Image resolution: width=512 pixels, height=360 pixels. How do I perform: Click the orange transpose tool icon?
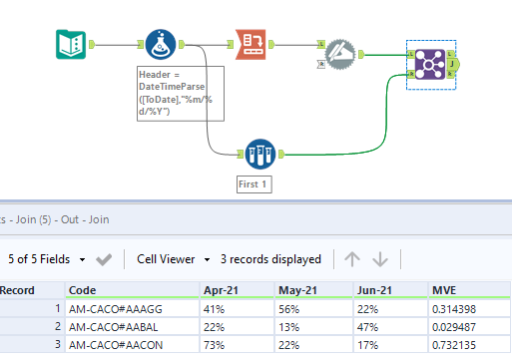click(x=253, y=45)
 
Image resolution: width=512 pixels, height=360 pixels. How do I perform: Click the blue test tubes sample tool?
click(x=258, y=155)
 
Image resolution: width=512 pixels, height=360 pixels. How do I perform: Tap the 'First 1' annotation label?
click(x=254, y=184)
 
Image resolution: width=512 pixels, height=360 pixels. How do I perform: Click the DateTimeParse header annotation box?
click(x=180, y=94)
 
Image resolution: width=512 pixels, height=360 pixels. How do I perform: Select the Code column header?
click(x=83, y=290)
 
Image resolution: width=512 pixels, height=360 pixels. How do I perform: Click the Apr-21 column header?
click(x=220, y=290)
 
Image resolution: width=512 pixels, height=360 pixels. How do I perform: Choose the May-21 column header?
click(x=297, y=290)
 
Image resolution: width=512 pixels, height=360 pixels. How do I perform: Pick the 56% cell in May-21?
click(x=289, y=309)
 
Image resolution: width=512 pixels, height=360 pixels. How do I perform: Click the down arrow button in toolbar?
click(x=380, y=259)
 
